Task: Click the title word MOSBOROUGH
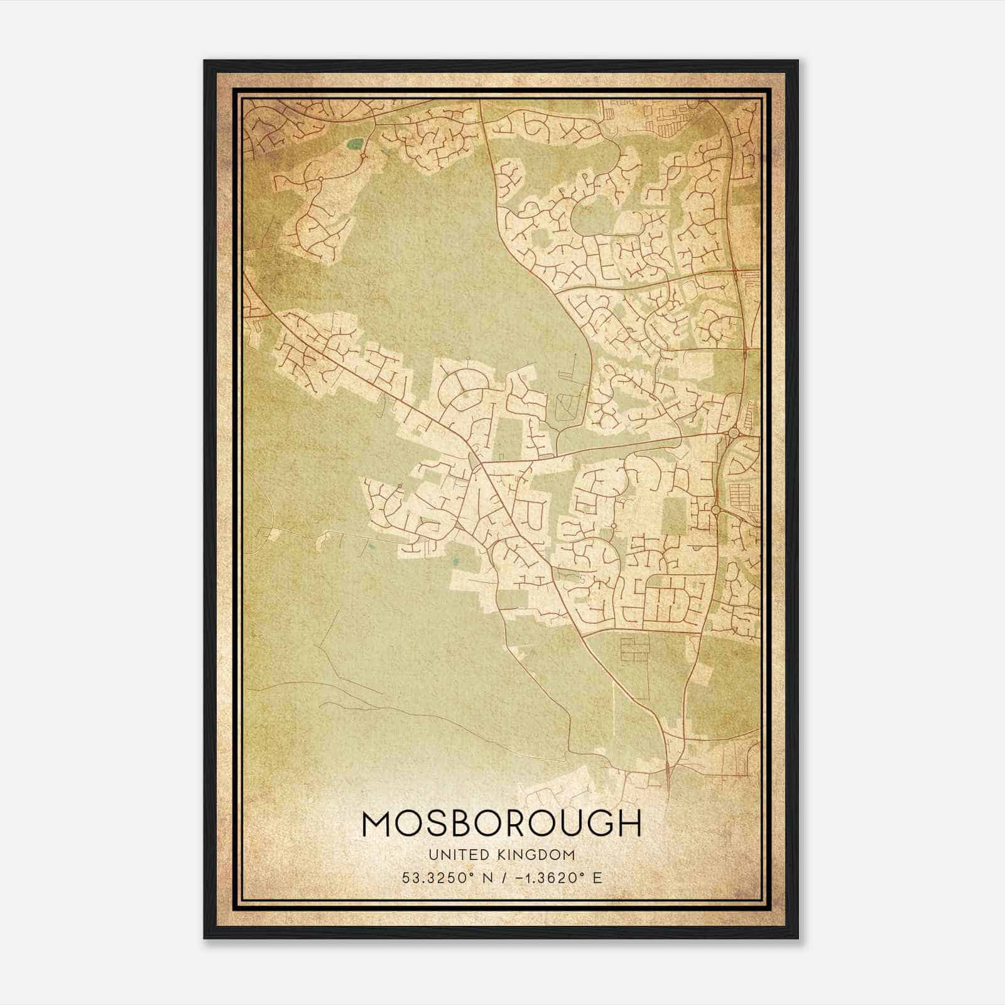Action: click(502, 823)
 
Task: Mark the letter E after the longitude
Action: click(597, 877)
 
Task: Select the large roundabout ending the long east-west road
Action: click(733, 433)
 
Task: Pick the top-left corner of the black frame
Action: click(205, 62)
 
